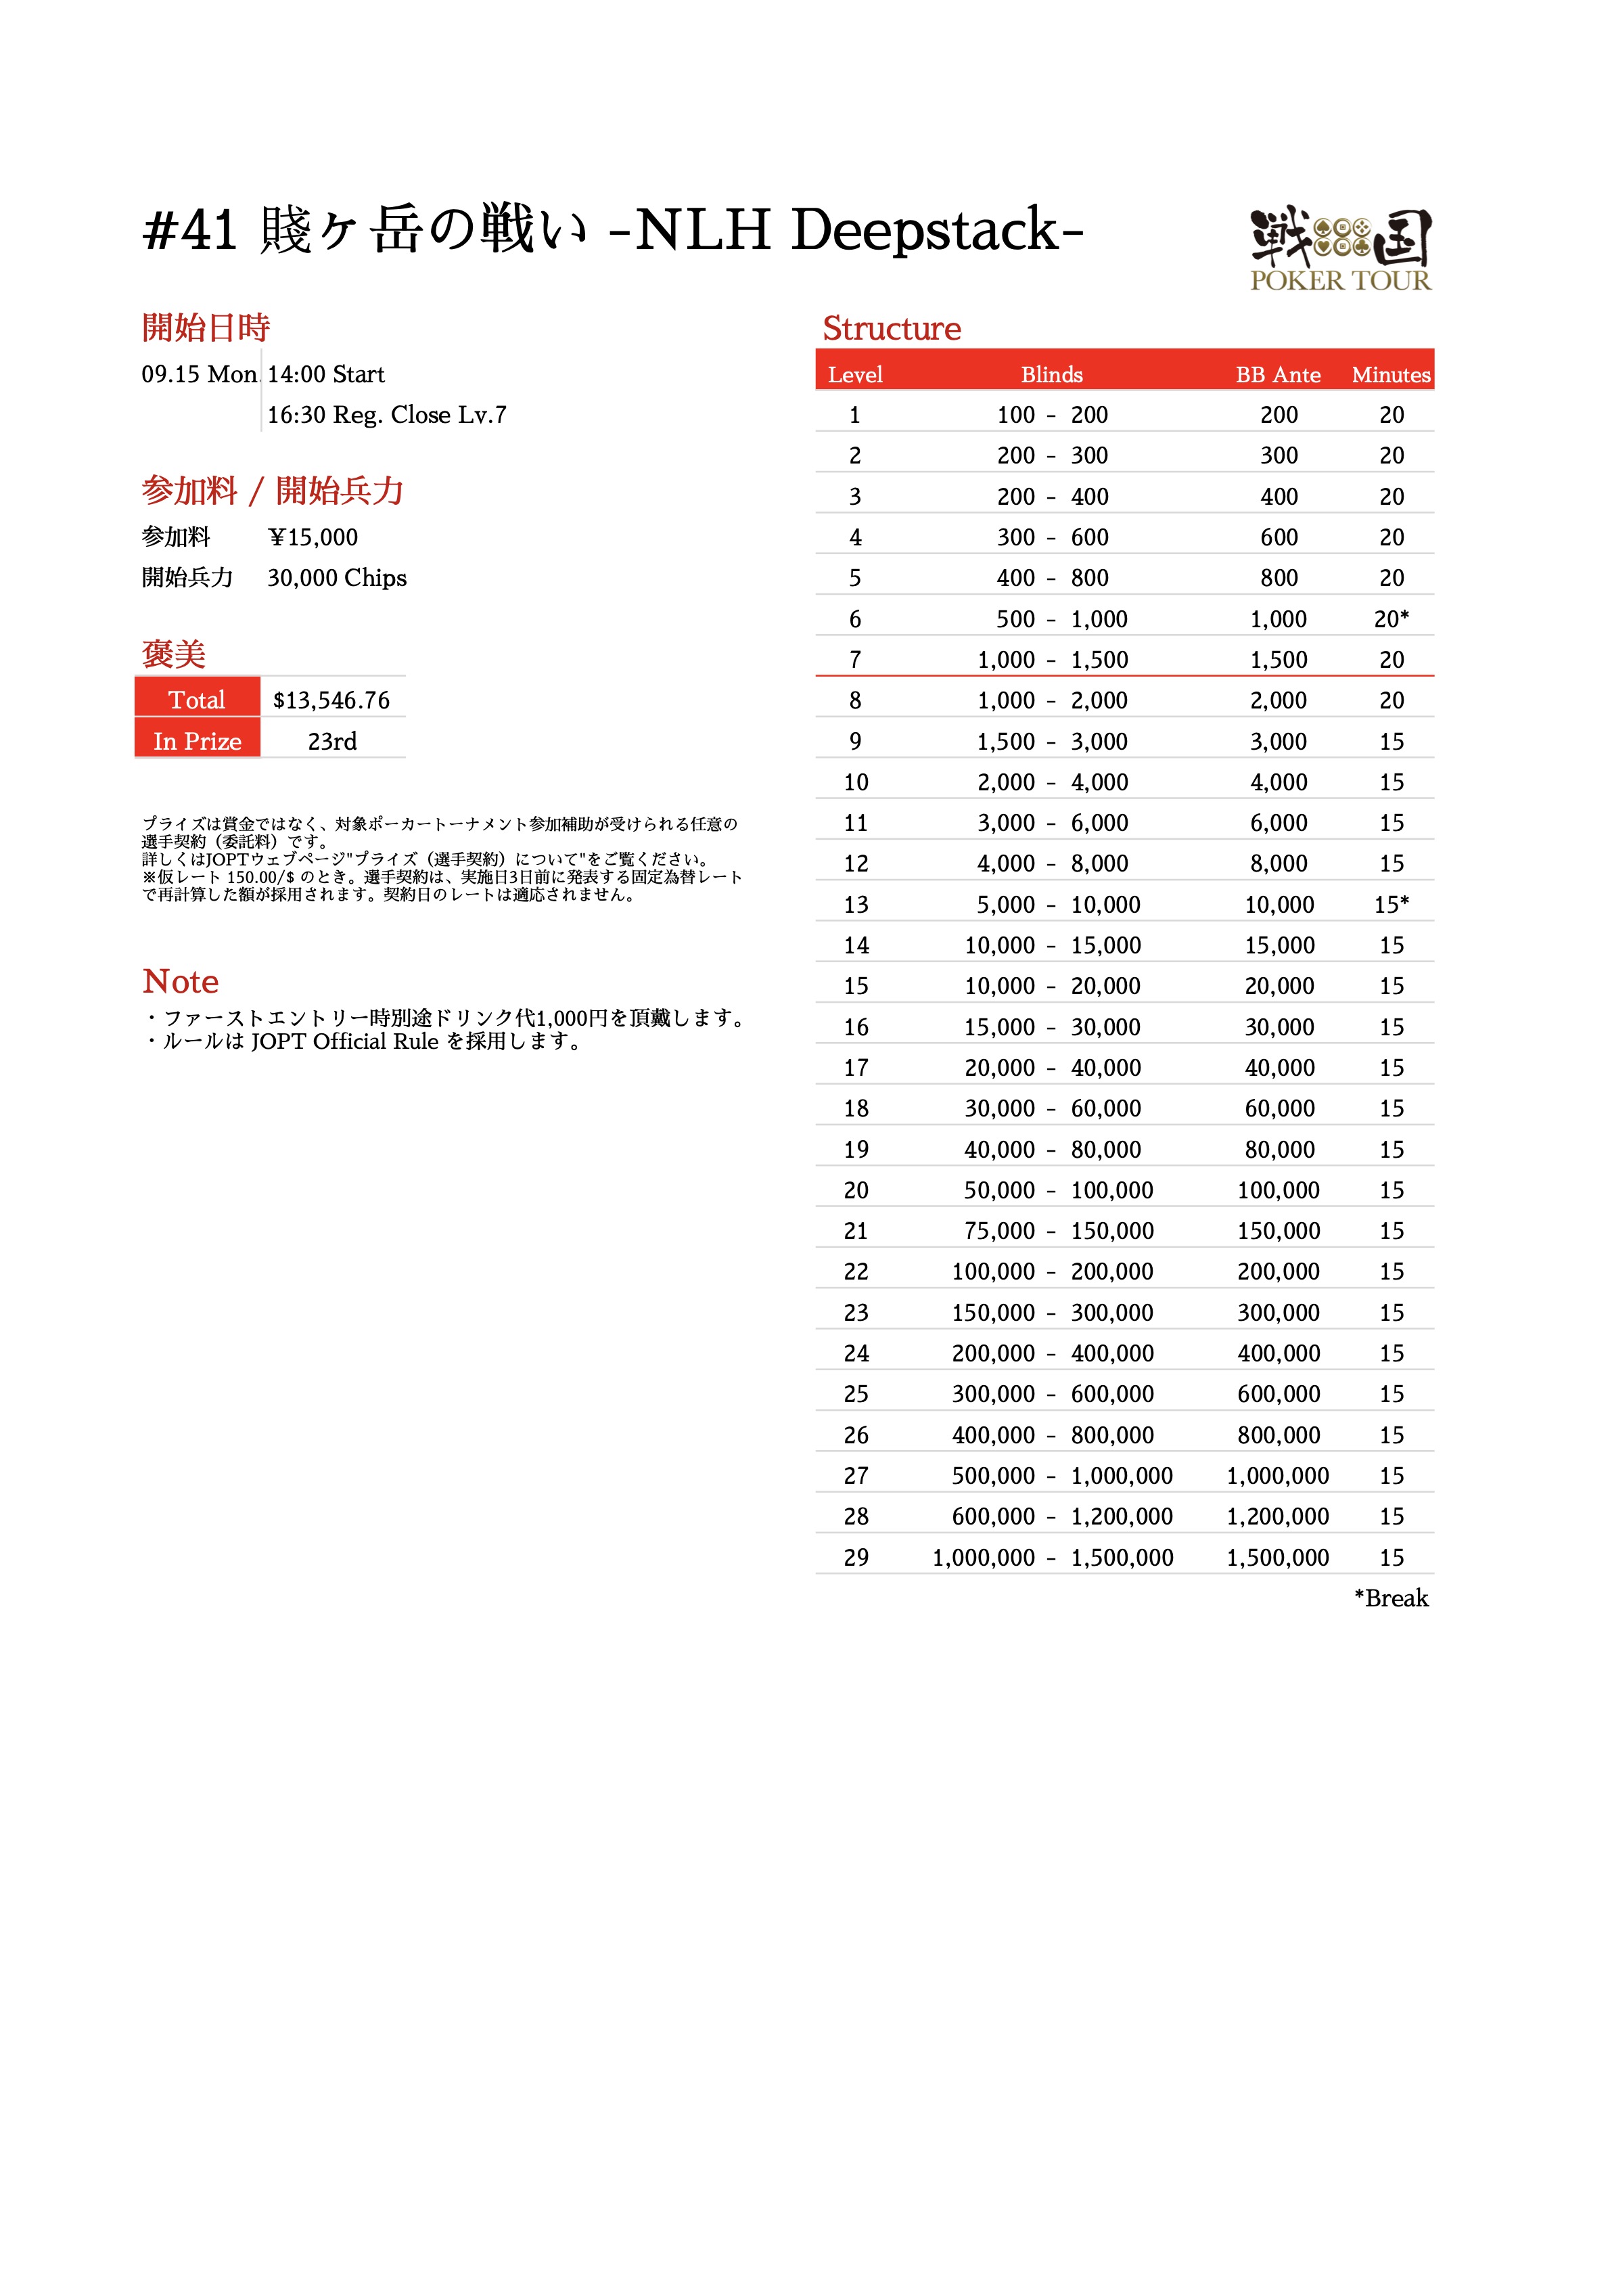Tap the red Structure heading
pyautogui.click(x=892, y=329)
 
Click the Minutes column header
pyautogui.click(x=1391, y=375)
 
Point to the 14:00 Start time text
pyautogui.click(x=325, y=374)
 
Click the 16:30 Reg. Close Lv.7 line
pyautogui.click(x=386, y=415)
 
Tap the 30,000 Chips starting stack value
pyautogui.click(x=336, y=578)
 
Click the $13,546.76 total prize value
pyautogui.click(x=331, y=701)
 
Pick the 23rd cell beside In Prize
pyautogui.click(x=331, y=742)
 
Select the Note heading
pyautogui.click(x=181, y=982)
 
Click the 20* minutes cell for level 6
pyautogui.click(x=1391, y=619)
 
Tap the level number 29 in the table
pyautogui.click(x=856, y=1558)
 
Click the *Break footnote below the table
pyautogui.click(x=1391, y=1598)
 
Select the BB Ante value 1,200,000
pyautogui.click(x=1277, y=1516)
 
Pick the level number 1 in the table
pyautogui.click(x=854, y=415)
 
